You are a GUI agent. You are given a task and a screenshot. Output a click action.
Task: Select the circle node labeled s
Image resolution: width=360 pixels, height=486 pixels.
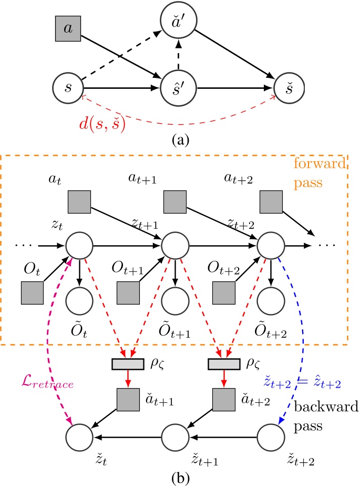point(68,87)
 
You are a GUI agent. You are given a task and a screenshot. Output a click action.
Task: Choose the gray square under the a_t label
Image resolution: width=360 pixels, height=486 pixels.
point(79,201)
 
